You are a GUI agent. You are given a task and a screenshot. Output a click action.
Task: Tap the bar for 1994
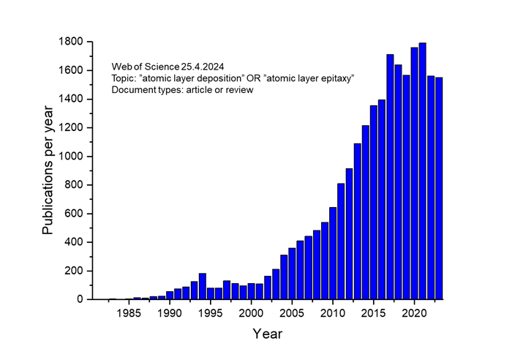click(203, 286)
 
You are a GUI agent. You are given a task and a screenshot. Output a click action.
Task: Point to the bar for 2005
click(292, 274)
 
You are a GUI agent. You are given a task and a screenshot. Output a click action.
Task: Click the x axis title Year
click(267, 334)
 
